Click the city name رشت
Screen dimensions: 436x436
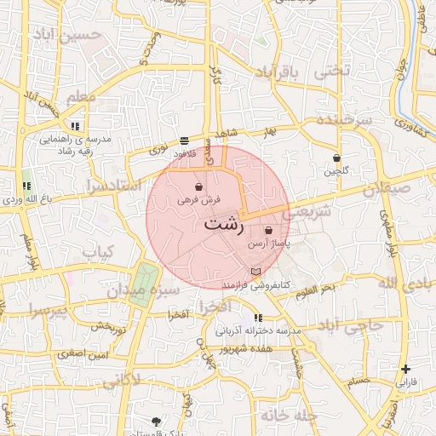pos(224,227)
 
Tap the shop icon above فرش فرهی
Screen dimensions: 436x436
pos(198,186)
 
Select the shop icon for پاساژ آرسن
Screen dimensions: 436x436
pos(269,230)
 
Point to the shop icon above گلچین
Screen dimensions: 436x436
pos(337,158)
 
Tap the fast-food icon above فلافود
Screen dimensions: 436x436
pos(185,141)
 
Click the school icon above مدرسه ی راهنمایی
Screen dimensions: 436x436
pos(75,126)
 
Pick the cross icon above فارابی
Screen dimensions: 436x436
pos(406,369)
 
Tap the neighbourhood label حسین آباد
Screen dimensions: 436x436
pos(67,36)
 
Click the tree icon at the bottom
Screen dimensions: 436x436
pos(156,422)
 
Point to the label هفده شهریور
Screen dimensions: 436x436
pos(244,348)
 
